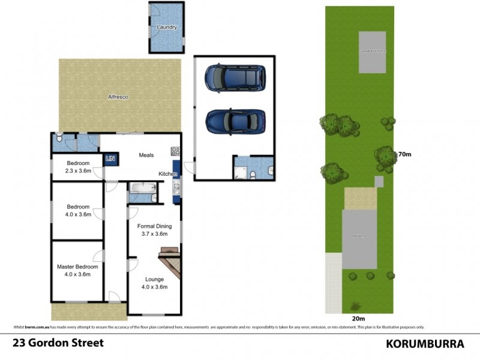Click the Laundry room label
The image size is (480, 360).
pyautogui.click(x=167, y=28)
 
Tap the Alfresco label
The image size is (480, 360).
pyautogui.click(x=118, y=96)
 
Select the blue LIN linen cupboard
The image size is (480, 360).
pyautogui.click(x=110, y=158)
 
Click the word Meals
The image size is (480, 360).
pyautogui.click(x=146, y=155)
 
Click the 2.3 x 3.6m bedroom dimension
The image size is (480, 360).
pyautogui.click(x=78, y=171)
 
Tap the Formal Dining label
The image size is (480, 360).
pyautogui.click(x=155, y=226)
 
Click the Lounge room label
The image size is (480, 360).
pyautogui.click(x=155, y=279)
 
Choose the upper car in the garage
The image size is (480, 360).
pyautogui.click(x=234, y=78)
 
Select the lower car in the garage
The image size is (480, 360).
pyautogui.click(x=235, y=121)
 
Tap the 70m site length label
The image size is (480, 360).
pyautogui.click(x=404, y=154)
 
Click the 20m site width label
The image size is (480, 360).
pyautogui.click(x=358, y=319)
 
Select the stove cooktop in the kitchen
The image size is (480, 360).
pyautogui.click(x=175, y=151)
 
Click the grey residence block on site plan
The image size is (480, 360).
pyautogui.click(x=359, y=239)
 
